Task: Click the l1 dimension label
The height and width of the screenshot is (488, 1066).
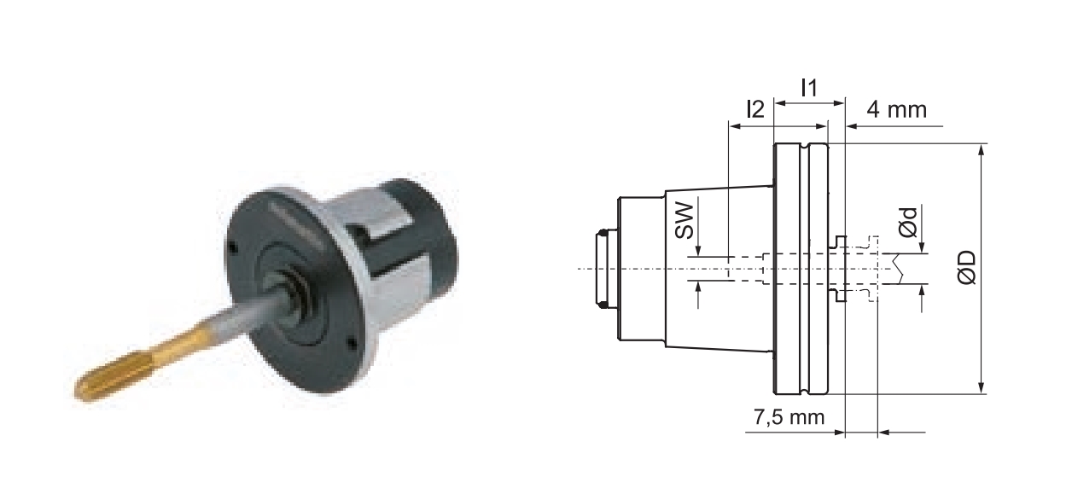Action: (x=809, y=88)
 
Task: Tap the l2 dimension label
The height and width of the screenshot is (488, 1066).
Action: (x=755, y=109)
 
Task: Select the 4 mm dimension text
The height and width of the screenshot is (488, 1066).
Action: (x=896, y=110)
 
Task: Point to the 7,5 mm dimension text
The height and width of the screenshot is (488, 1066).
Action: (x=789, y=417)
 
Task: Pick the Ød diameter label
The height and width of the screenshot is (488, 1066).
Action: (x=908, y=222)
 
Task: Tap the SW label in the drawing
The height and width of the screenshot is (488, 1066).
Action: (x=685, y=221)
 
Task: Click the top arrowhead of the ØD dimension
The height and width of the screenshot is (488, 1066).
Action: (x=982, y=150)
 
